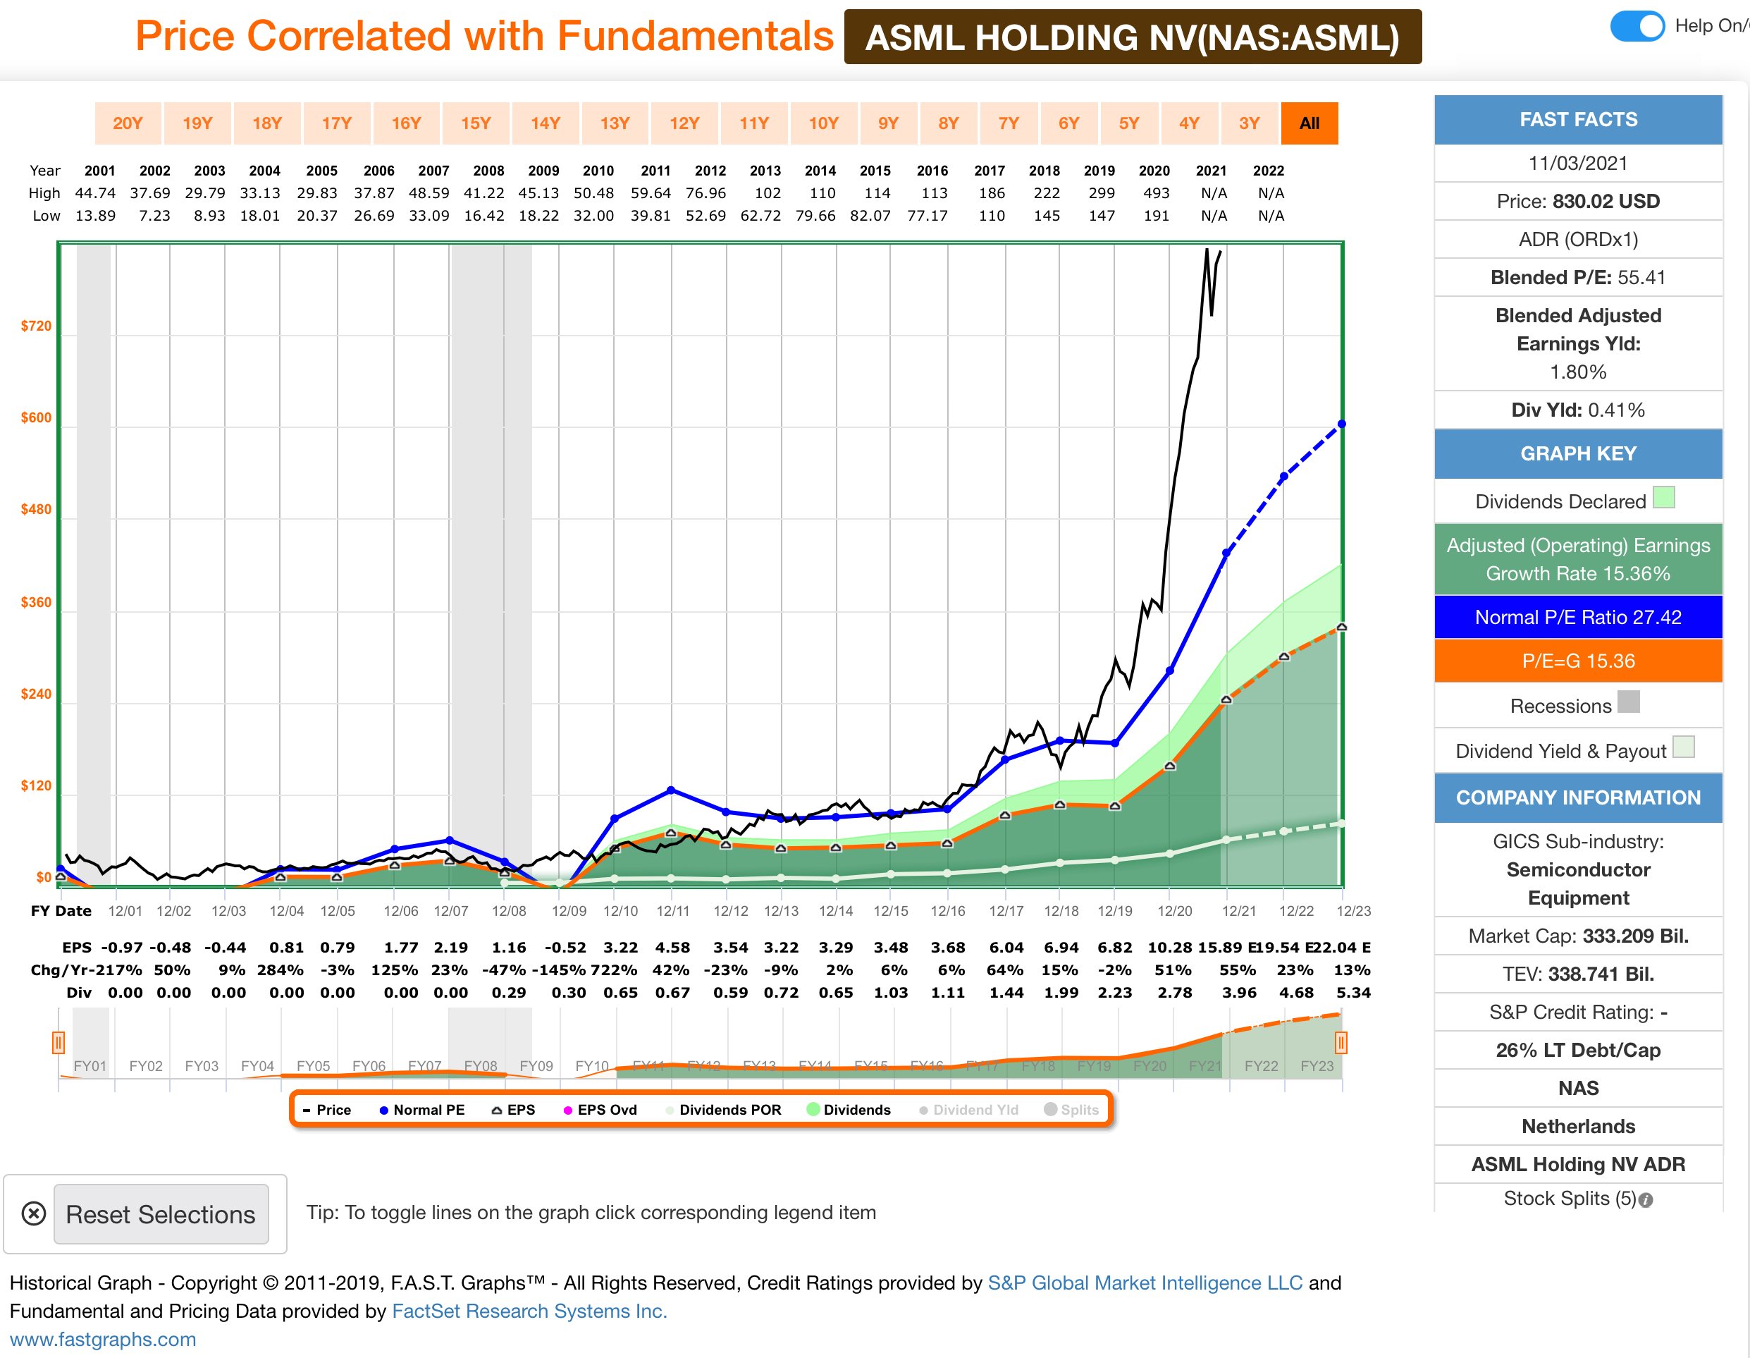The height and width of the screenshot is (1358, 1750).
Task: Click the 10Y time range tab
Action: [x=823, y=123]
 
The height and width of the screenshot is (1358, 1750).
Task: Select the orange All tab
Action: [x=1309, y=123]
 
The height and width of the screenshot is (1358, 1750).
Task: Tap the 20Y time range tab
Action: [x=128, y=123]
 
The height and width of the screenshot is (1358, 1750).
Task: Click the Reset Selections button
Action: [x=160, y=1213]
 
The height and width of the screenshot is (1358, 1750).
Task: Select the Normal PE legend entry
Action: [x=421, y=1110]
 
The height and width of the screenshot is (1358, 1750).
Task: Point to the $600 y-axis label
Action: [x=36, y=417]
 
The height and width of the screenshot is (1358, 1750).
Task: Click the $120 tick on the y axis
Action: [x=36, y=785]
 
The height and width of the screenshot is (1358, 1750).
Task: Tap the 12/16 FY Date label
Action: [x=948, y=911]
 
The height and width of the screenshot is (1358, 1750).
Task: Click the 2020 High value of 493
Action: [x=1155, y=193]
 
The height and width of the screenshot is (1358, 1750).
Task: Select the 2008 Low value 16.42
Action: [x=484, y=216]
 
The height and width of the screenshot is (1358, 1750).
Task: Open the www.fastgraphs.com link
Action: [x=103, y=1339]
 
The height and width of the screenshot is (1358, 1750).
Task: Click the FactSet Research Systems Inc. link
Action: [x=529, y=1311]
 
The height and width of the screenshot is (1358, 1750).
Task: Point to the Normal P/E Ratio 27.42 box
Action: [x=1578, y=617]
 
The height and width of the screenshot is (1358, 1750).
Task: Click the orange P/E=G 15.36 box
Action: [x=1578, y=661]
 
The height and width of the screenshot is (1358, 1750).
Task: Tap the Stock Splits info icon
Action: [x=1645, y=1200]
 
